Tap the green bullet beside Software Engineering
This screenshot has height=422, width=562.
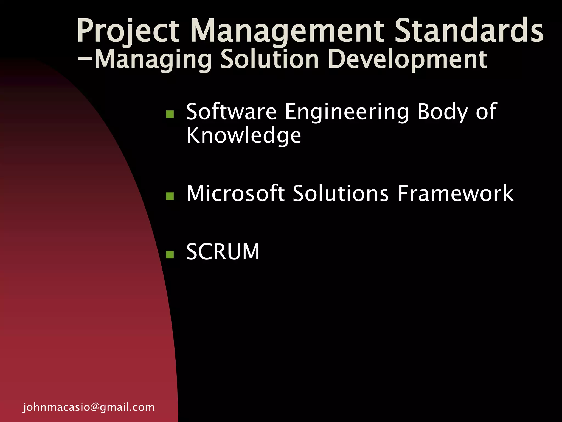pos(170,114)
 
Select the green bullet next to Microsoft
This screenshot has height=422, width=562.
pos(170,196)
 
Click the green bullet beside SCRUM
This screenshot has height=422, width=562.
pos(170,254)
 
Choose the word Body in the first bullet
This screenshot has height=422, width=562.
pos(442,112)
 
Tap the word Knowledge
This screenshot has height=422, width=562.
pos(244,136)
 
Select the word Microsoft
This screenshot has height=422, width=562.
pos(235,193)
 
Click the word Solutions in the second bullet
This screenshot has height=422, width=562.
pos(341,193)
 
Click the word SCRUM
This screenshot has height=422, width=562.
pos(223,252)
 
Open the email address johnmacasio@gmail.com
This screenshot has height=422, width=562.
pos(89,407)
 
